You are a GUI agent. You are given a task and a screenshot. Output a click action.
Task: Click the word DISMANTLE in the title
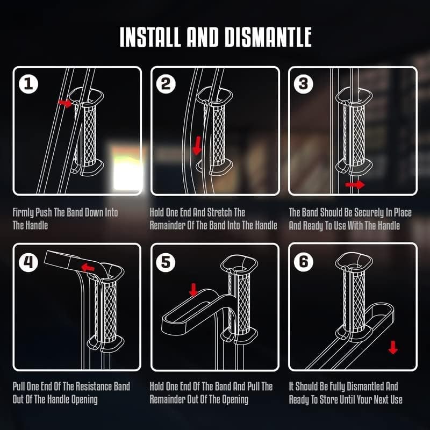[x=268, y=37]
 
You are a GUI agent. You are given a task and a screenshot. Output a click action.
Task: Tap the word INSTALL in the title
[x=150, y=37]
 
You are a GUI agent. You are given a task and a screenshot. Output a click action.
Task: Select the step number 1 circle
[x=28, y=84]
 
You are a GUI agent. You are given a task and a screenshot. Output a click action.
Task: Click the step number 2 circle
[x=166, y=84]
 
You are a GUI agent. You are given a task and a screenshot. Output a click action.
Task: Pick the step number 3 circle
[x=303, y=84]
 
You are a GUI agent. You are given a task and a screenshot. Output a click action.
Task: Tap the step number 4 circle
[x=28, y=262]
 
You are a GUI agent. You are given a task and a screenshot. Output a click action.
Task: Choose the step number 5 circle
[x=166, y=262]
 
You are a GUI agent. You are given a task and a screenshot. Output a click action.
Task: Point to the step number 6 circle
[x=303, y=262]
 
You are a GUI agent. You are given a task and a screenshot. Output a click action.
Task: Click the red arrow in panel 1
[x=65, y=103]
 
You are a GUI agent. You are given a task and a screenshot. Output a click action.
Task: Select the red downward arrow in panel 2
[x=197, y=145]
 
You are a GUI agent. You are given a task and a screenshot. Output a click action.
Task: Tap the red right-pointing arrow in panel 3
[x=355, y=184]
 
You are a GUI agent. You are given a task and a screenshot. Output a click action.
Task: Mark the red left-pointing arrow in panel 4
[x=88, y=267]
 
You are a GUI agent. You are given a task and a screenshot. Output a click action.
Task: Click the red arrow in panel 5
[x=193, y=290]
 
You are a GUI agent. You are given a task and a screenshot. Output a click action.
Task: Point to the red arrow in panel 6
[x=393, y=347]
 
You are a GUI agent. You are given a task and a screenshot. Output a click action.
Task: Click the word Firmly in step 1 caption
[x=23, y=213]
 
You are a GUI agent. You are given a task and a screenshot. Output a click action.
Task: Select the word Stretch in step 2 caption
[x=219, y=212]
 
